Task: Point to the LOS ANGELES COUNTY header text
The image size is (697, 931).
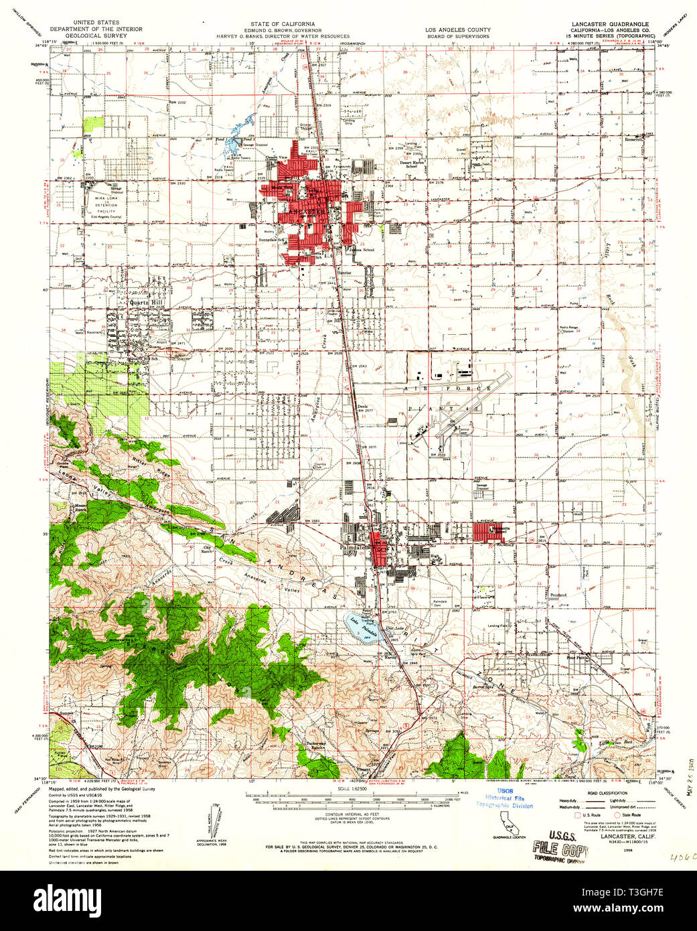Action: click(x=458, y=30)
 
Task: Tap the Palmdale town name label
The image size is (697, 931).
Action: click(x=355, y=547)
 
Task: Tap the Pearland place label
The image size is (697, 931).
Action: click(x=558, y=595)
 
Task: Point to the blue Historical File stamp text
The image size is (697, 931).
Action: click(x=505, y=798)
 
